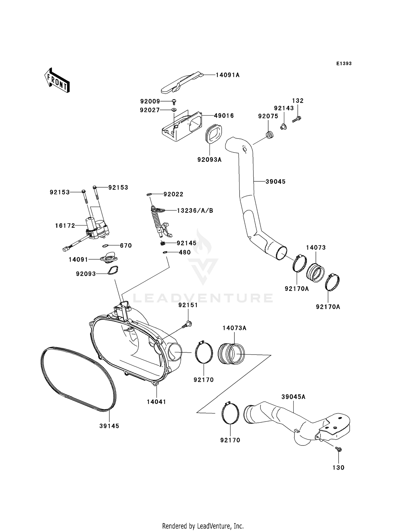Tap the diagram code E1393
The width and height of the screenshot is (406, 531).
(x=344, y=64)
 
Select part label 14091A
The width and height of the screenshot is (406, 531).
(x=228, y=75)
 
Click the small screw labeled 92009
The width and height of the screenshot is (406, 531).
(x=174, y=102)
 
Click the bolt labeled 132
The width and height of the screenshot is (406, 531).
(x=297, y=119)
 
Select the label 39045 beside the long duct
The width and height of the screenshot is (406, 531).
(x=275, y=182)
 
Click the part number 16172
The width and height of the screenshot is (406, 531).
(x=65, y=225)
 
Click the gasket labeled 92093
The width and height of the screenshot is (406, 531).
(x=112, y=271)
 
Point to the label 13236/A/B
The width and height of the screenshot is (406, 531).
(x=195, y=211)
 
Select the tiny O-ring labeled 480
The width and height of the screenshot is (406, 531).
(x=165, y=253)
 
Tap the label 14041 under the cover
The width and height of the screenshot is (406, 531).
(x=156, y=402)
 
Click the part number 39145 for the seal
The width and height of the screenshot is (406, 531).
(x=109, y=426)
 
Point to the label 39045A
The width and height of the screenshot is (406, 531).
(x=293, y=397)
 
